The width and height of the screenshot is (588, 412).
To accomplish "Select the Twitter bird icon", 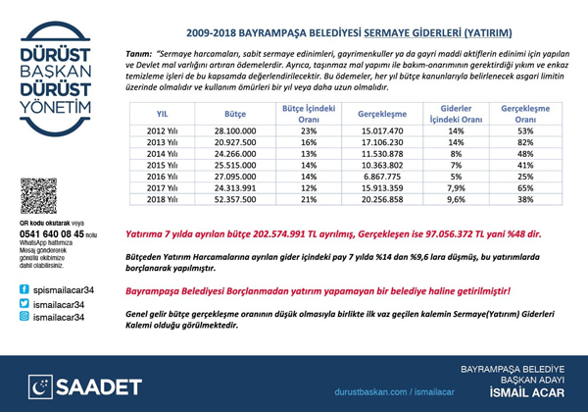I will tap(24, 305).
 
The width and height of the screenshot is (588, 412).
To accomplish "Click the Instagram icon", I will tap(24, 319).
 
